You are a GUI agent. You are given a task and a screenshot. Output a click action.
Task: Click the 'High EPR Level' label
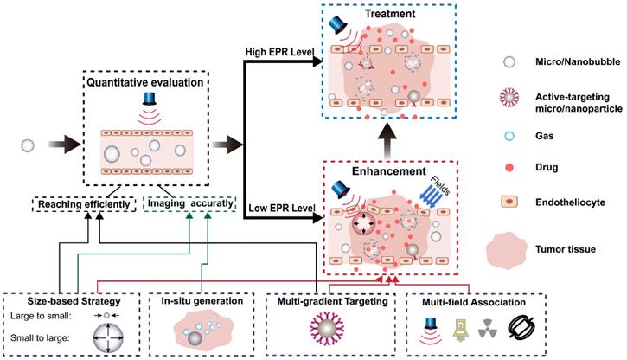pos(278,55)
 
